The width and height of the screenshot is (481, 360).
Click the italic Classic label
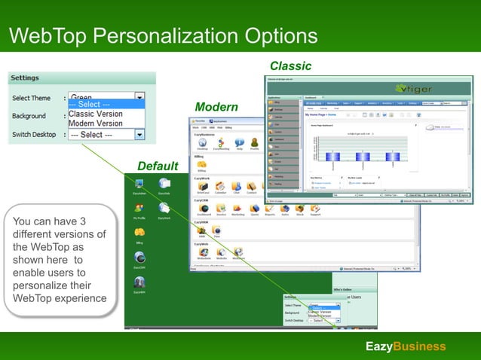tap(290, 66)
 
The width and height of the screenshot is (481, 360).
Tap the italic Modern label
tap(216, 107)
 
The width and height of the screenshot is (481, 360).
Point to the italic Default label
tap(158, 166)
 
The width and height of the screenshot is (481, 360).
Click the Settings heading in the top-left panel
tap(25, 78)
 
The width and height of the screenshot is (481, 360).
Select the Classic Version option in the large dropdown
tap(96, 114)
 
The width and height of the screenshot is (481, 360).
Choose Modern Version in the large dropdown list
tap(96, 124)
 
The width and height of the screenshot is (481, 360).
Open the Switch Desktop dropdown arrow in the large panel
tap(139, 135)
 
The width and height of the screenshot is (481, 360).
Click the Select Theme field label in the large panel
tap(31, 98)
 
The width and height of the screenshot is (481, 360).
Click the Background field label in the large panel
tap(29, 116)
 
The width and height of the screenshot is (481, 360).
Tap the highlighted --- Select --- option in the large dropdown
tap(90, 105)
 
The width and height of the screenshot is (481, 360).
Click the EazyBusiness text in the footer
tap(406, 346)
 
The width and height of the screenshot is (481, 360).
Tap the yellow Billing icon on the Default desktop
tap(139, 233)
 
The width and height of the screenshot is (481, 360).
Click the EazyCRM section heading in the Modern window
tap(201, 201)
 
